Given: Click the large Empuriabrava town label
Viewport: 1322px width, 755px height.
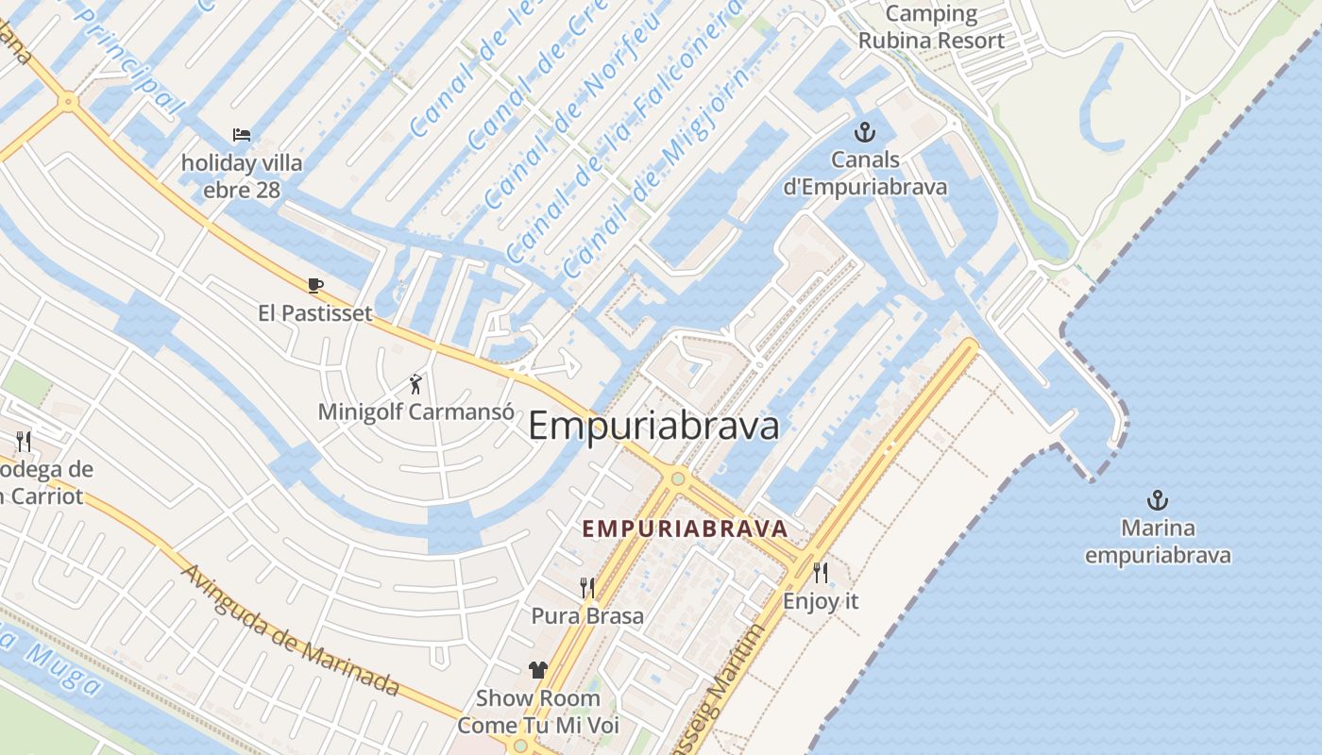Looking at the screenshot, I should [x=653, y=426].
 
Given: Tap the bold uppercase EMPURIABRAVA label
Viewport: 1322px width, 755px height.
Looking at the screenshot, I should [x=685, y=528].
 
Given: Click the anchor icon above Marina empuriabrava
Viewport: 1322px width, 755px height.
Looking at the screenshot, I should [x=1157, y=500].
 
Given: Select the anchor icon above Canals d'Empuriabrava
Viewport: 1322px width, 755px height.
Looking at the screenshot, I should [x=864, y=132].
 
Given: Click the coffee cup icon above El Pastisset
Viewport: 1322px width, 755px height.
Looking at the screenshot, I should [x=315, y=285].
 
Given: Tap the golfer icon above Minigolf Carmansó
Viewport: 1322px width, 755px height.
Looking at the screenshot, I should [x=415, y=384].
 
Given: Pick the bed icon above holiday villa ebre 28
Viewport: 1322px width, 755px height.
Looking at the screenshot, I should [x=242, y=136].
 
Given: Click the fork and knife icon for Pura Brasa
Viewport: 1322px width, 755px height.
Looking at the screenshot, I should [x=587, y=588].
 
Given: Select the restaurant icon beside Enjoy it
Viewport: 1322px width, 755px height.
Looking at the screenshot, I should [x=821, y=572].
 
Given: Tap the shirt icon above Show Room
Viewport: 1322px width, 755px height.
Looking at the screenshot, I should [x=538, y=670].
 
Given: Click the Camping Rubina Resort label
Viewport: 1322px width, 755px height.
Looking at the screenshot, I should [x=931, y=27].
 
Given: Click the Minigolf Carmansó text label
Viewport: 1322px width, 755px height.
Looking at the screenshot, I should [x=415, y=412].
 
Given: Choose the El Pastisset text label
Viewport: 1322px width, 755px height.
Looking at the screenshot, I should [x=315, y=312].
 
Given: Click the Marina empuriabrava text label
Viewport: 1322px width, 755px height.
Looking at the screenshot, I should [x=1157, y=542].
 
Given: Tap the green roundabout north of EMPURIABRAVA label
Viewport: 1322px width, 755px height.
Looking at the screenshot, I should [x=677, y=478].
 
